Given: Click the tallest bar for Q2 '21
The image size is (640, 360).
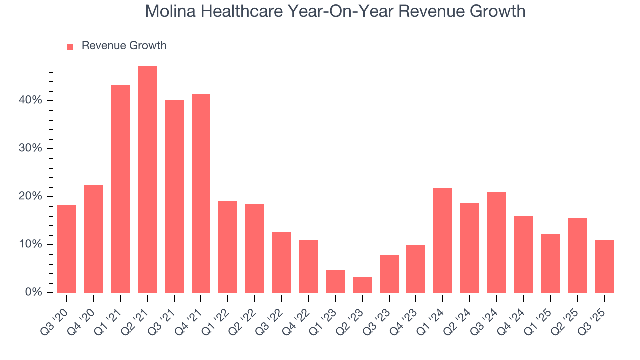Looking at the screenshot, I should [147, 179].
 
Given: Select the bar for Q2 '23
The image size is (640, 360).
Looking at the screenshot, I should [362, 285].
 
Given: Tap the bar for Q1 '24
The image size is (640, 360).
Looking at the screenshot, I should [443, 240].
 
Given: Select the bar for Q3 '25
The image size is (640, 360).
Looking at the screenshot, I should [604, 267].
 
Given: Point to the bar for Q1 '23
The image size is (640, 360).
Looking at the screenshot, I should [335, 281].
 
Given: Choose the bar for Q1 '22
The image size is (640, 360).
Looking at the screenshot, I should [228, 247].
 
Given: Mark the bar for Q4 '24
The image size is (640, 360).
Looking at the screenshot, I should [523, 254].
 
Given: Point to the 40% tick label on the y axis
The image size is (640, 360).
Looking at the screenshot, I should [30, 101].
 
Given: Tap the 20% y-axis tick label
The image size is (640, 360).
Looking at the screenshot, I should [30, 197].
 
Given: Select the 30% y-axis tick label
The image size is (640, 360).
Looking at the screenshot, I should [30, 149].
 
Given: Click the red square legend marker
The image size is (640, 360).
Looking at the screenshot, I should [70, 46].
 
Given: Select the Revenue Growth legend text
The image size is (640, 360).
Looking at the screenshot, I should [124, 46].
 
